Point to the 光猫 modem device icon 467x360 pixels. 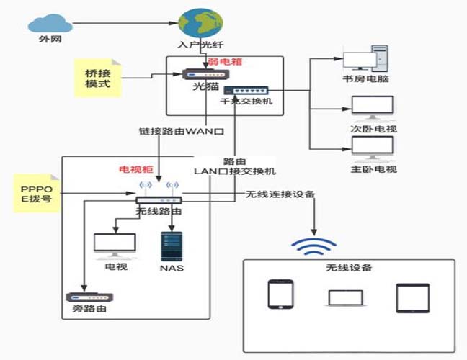[x=204, y=74]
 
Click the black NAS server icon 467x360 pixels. [x=171, y=245]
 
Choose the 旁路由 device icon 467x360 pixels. [x=85, y=297]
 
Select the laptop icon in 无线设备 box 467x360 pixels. [x=343, y=297]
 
